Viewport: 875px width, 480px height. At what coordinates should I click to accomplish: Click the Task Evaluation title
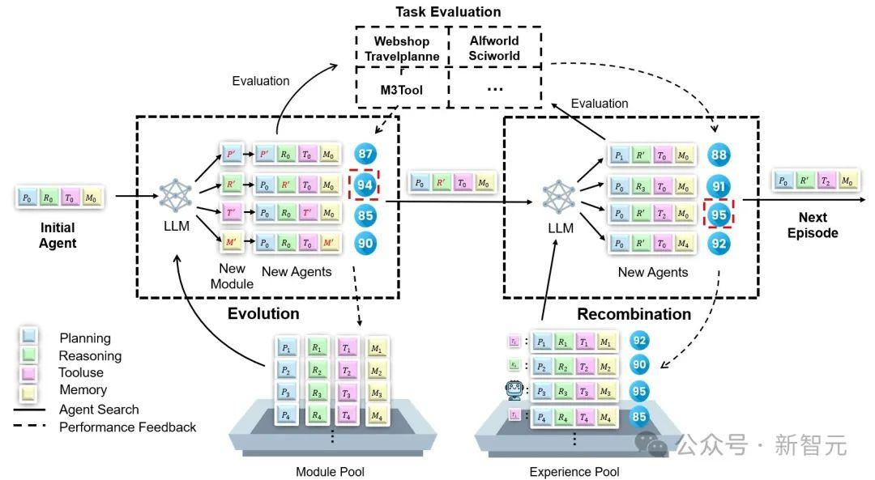(x=448, y=12)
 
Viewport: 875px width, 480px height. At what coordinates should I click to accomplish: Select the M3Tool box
(x=402, y=89)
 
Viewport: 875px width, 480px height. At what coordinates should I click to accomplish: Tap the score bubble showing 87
(x=365, y=154)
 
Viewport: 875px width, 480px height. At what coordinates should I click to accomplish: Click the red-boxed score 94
(x=365, y=185)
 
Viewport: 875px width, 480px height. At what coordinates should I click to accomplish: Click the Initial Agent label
(x=59, y=236)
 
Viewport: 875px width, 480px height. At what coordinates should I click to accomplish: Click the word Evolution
(x=263, y=313)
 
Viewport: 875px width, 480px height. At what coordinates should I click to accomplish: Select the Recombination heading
(x=634, y=314)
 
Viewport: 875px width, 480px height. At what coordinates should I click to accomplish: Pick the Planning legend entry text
(x=85, y=338)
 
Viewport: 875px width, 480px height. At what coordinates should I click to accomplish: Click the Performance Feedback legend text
(x=128, y=427)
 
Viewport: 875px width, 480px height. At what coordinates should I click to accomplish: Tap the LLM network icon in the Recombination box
(x=557, y=197)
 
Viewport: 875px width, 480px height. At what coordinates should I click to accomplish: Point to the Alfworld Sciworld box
(x=494, y=48)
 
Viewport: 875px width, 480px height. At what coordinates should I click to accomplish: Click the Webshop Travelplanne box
(x=402, y=48)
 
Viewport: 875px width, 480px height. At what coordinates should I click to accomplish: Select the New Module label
(x=233, y=277)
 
